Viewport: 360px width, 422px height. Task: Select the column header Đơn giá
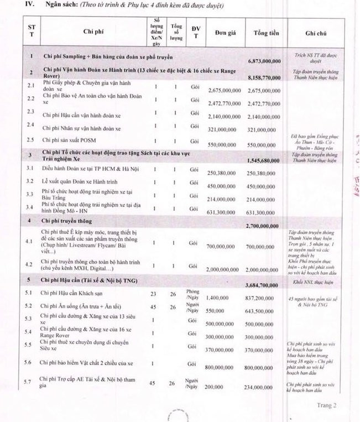tap(223, 33)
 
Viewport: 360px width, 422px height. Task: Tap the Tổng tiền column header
tap(268, 33)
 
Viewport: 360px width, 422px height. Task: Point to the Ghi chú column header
tap(317, 33)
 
